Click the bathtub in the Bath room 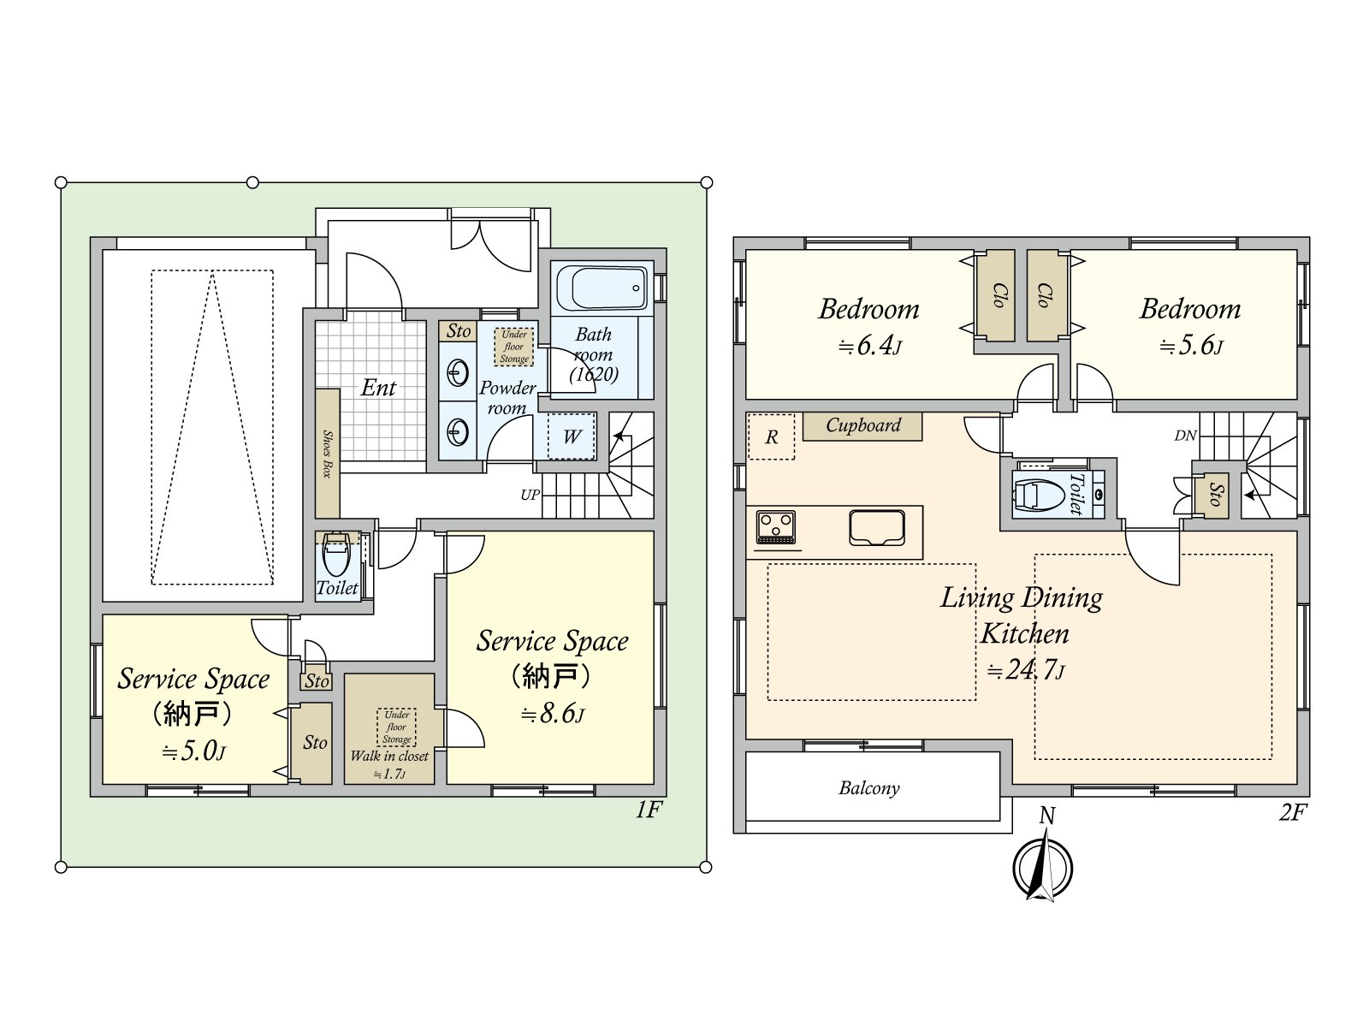click(602, 288)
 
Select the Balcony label click(868, 788)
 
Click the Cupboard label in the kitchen click(863, 425)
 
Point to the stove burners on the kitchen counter click(775, 527)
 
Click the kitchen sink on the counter click(876, 527)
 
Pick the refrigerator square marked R click(771, 436)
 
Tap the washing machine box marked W click(572, 436)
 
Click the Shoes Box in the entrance click(327, 454)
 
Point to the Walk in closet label click(389, 756)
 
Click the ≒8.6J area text click(553, 714)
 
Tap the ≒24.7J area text click(1025, 670)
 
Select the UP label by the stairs click(530, 496)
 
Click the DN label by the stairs click(1185, 436)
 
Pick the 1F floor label click(648, 810)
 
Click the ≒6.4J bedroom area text click(870, 345)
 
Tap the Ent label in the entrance click(378, 388)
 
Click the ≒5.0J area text click(193, 751)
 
